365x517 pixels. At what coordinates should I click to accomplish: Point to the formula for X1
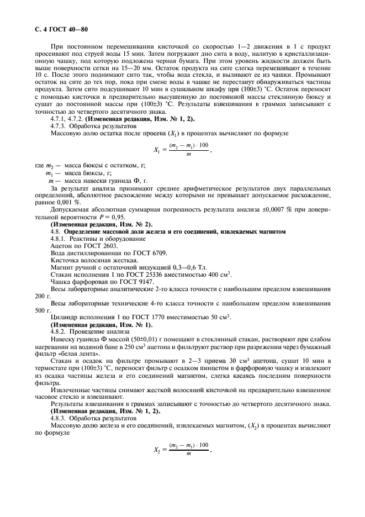click(181, 148)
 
